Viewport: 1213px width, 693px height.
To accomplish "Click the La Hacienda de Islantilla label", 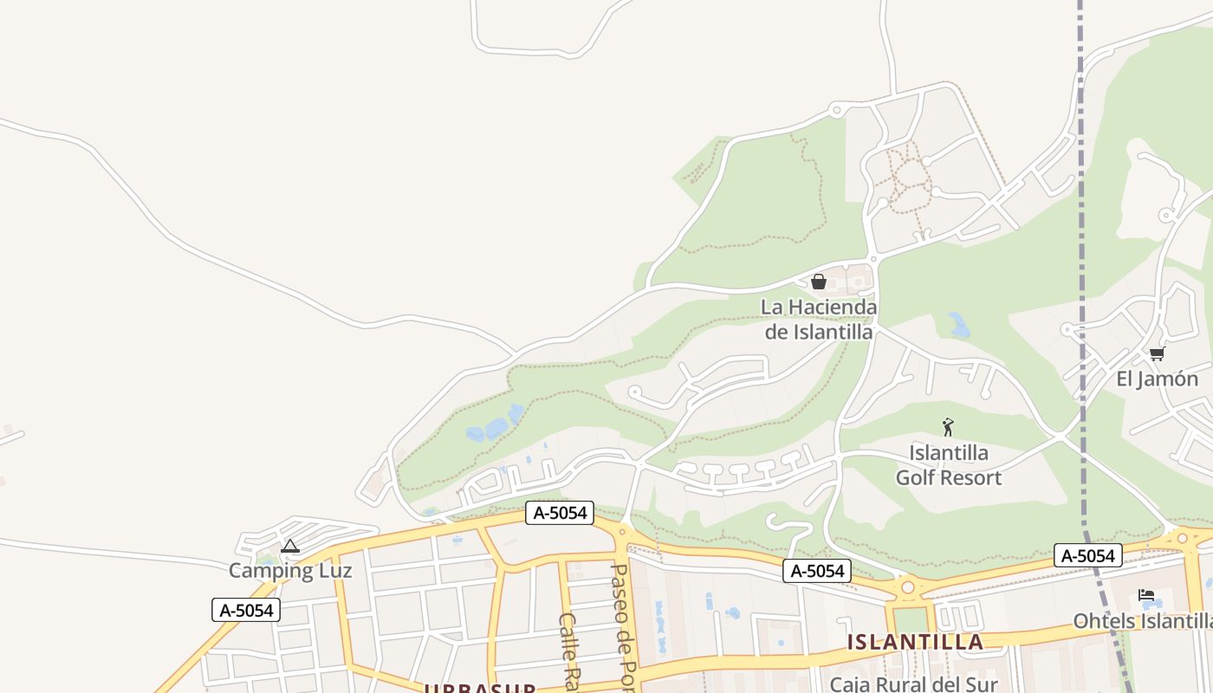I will coord(819,319).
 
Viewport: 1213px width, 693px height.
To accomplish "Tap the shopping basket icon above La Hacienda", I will coord(818,282).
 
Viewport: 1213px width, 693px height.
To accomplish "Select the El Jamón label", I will coord(1157,379).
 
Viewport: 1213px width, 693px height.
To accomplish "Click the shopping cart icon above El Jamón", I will coord(1157,353).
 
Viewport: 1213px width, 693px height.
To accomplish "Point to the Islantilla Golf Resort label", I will coord(948,465).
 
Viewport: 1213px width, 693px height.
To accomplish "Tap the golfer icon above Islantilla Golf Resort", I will coord(948,426).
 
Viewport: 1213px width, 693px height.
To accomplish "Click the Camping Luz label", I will coord(290,570).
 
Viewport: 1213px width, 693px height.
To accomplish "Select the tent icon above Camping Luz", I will coord(290,546).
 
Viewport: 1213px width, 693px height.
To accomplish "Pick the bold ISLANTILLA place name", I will coord(915,642).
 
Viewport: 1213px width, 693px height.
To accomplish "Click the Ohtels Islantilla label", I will coord(1142,621).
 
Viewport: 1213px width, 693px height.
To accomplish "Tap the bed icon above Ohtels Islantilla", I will coord(1146,595).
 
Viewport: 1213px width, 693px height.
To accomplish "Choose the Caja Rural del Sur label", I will coord(913,683).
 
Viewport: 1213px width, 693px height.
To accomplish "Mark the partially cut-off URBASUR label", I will coord(479,689).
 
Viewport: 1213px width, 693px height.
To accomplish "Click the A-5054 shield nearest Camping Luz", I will coord(247,610).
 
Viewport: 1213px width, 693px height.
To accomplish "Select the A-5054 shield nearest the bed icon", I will coord(1087,555).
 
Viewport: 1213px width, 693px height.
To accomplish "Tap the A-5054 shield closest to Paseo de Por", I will coord(560,513).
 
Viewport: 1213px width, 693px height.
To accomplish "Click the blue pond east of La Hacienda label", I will coord(958,326).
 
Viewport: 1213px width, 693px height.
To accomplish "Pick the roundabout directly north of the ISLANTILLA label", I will coord(907,587).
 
